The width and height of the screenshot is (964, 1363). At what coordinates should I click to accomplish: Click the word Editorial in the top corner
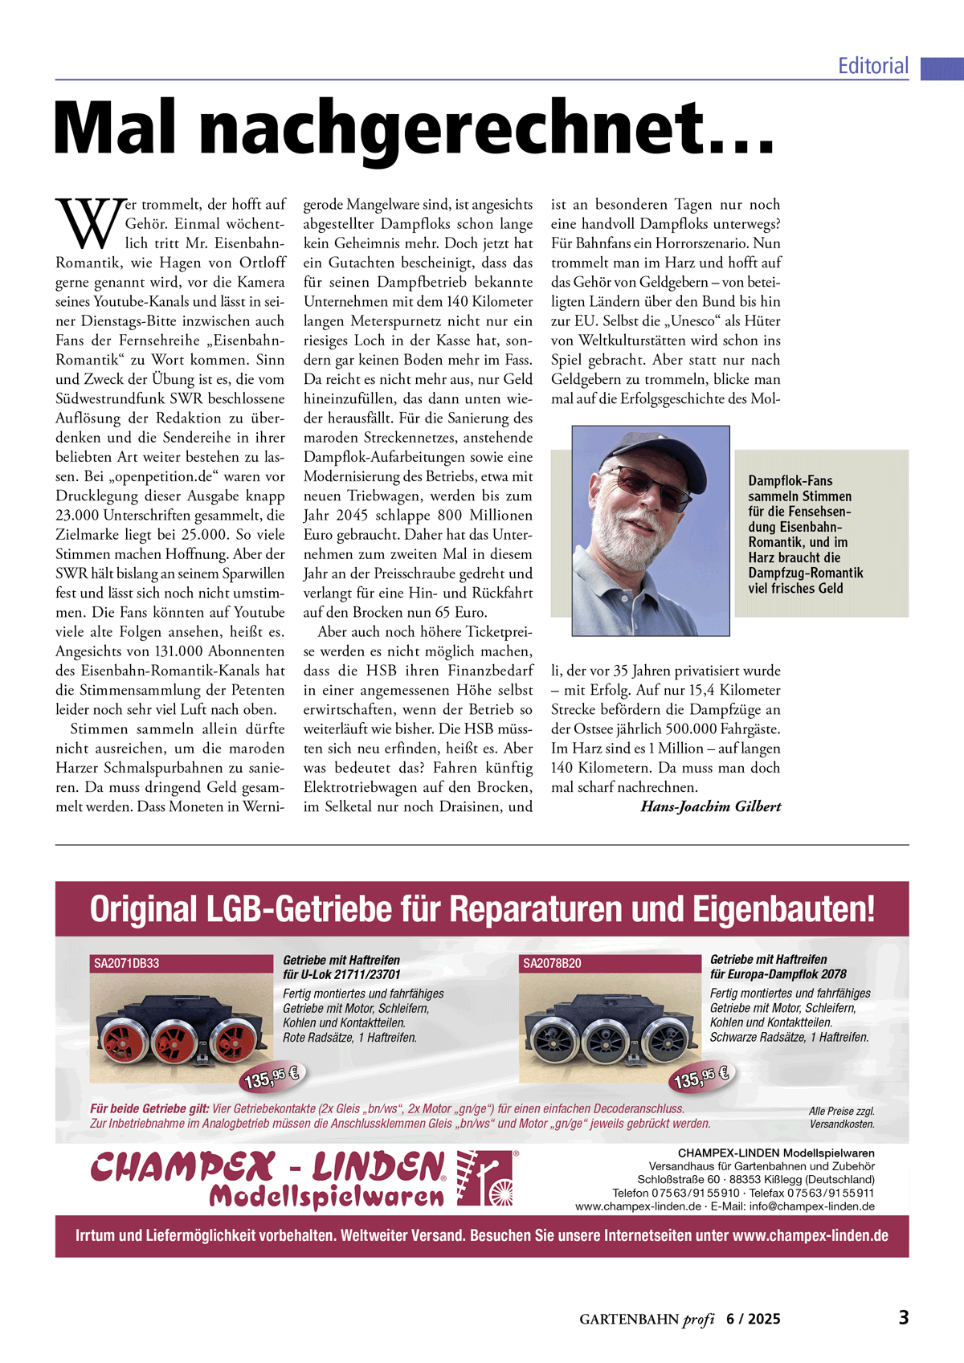(x=873, y=66)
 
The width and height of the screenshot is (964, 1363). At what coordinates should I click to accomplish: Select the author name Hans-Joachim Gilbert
(x=710, y=806)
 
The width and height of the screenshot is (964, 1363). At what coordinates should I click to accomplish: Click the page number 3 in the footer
(x=903, y=1318)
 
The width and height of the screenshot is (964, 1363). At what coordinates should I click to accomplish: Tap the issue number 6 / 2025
(x=753, y=1319)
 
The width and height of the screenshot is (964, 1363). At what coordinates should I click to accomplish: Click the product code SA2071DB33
(x=127, y=963)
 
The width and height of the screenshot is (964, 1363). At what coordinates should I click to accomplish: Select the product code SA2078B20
(x=552, y=963)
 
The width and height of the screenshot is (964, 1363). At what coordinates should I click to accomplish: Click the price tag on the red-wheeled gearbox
(x=272, y=1077)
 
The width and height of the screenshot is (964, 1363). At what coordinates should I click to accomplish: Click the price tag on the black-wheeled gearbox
(x=701, y=1077)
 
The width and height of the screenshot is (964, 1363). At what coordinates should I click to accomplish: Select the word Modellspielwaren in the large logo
(x=326, y=1198)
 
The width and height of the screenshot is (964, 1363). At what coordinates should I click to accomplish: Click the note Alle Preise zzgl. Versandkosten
(x=841, y=1117)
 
